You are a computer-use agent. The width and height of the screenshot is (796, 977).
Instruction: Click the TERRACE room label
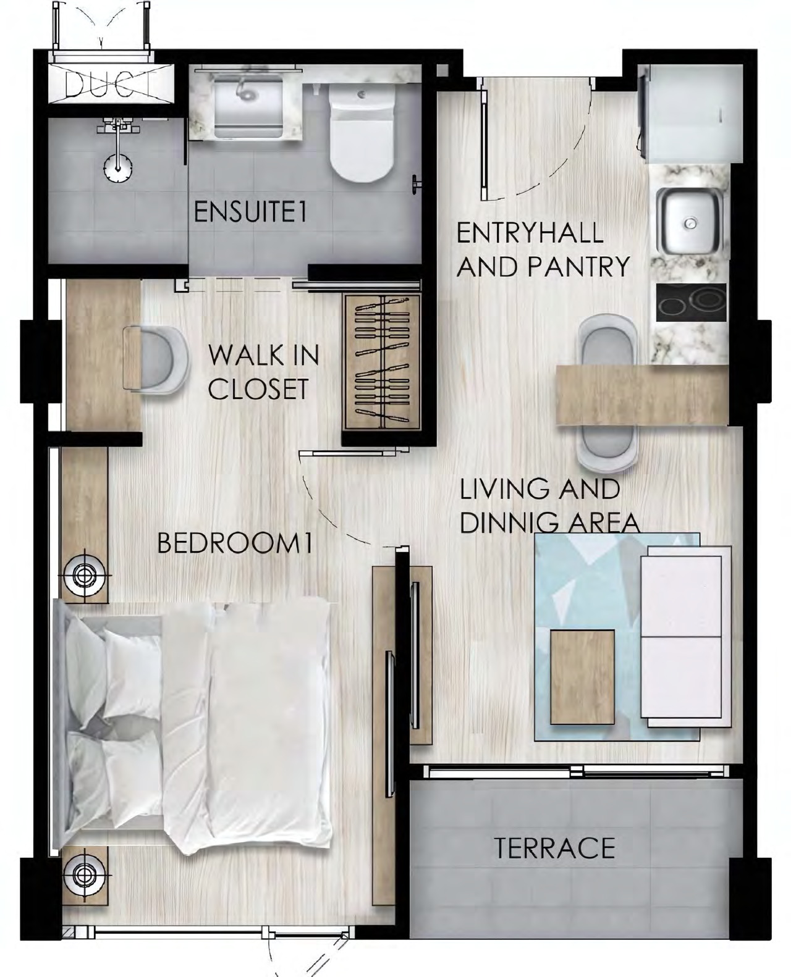[554, 848]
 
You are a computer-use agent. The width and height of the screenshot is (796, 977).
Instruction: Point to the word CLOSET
[258, 389]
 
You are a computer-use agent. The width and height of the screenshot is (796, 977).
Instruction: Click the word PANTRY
[578, 267]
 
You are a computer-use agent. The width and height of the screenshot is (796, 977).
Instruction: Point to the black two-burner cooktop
[692, 302]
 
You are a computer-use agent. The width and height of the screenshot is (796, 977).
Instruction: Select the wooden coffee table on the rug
[583, 677]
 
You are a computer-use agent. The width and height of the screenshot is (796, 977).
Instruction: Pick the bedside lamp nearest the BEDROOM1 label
[84, 575]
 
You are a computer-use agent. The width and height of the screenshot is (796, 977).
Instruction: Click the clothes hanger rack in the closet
[382, 363]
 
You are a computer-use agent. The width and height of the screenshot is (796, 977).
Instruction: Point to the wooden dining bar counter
[643, 395]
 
